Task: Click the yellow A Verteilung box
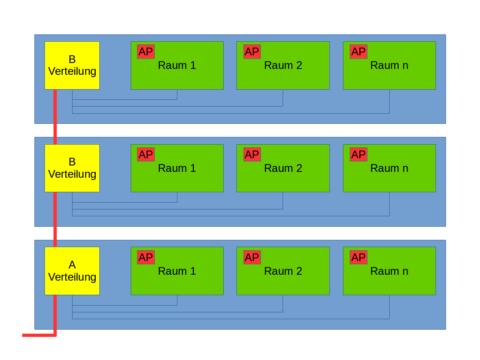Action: click(72, 271)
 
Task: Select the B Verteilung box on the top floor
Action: click(72, 65)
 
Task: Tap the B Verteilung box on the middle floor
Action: click(72, 168)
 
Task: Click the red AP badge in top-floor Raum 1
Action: click(146, 52)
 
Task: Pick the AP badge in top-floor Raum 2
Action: click(252, 52)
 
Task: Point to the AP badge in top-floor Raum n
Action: click(358, 52)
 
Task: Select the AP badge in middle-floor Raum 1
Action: click(146, 155)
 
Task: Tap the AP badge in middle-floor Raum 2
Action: click(252, 155)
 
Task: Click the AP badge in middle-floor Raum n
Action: click(358, 155)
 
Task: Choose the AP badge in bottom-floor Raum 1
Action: click(146, 258)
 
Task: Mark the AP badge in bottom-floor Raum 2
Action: click(252, 258)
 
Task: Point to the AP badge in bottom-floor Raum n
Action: click(358, 258)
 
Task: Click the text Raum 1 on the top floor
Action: click(177, 65)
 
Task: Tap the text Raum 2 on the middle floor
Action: click(283, 168)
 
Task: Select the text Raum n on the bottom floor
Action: click(389, 271)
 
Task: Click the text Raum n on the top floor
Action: click(389, 65)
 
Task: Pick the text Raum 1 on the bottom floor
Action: click(177, 271)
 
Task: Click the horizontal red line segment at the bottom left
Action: click(39, 336)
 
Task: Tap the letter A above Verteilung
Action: click(72, 265)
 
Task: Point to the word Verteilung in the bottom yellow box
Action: click(72, 277)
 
